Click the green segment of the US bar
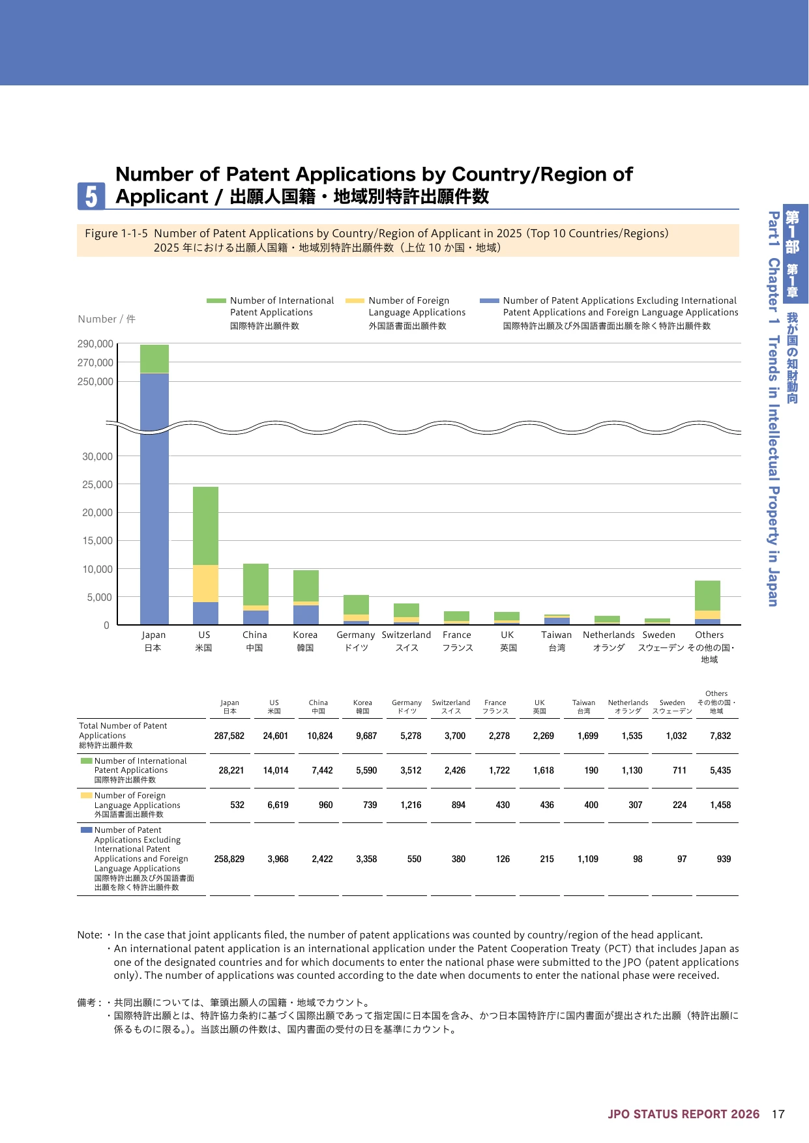tap(205, 526)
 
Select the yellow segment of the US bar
tap(205, 584)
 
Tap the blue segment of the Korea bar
tap(306, 615)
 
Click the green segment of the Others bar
tap(707, 596)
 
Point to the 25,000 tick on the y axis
tap(97, 485)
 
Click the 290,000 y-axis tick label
tap(95, 344)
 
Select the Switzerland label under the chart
tap(406, 635)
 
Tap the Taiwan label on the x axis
tap(556, 635)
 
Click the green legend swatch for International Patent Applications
tap(216, 301)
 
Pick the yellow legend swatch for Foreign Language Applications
tap(355, 301)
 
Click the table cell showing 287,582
tap(229, 736)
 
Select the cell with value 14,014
tap(276, 770)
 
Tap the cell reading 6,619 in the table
tap(278, 805)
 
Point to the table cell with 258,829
tap(229, 859)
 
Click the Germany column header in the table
tap(407, 706)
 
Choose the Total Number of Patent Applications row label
tap(123, 735)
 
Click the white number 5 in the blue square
tap(91, 196)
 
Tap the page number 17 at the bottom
tap(778, 1114)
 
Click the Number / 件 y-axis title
tap(107, 319)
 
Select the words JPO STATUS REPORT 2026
tap(684, 1114)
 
